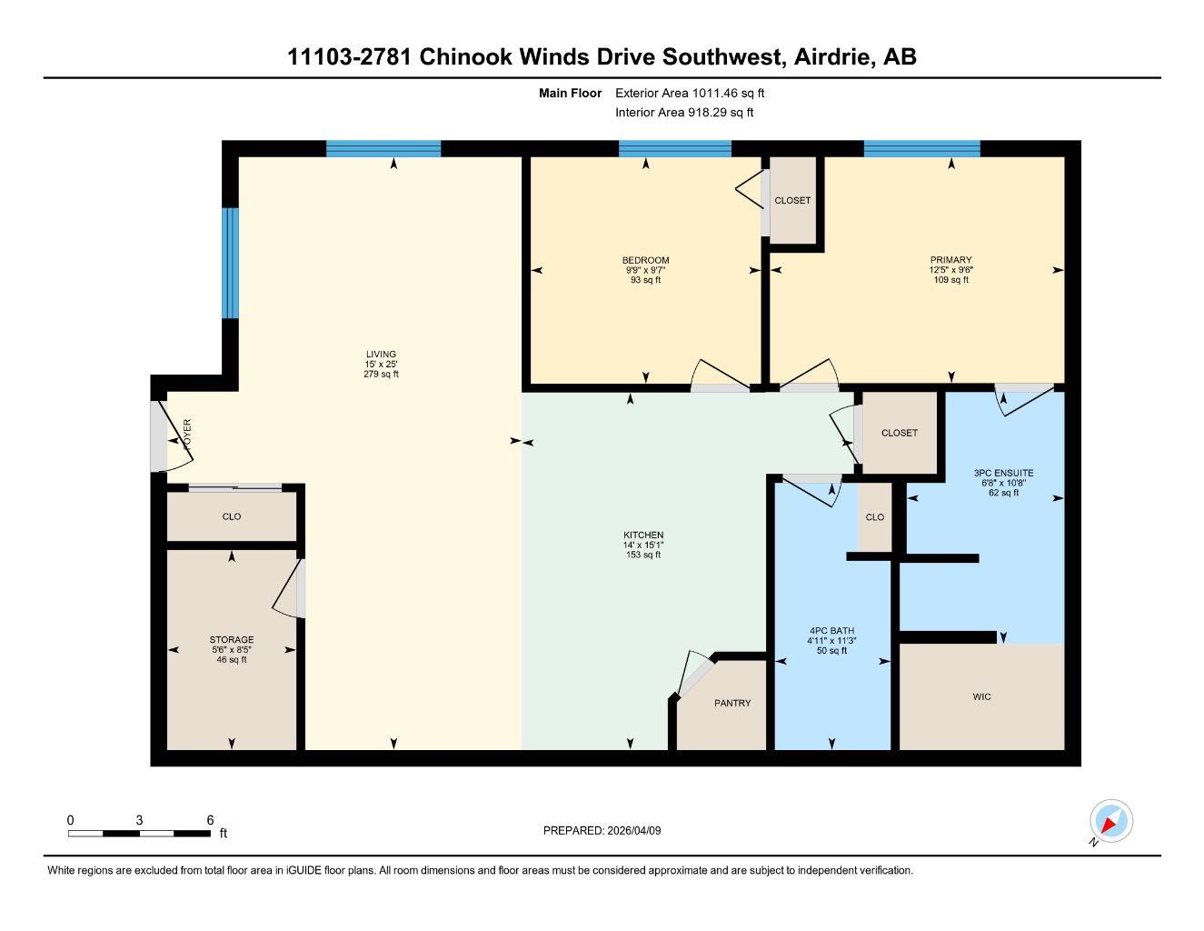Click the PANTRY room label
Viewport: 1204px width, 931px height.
731,703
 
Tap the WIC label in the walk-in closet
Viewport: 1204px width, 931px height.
981,696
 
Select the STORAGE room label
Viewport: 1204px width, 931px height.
232,640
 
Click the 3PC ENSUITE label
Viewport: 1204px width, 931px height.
1003,473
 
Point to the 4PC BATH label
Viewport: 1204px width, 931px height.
831,631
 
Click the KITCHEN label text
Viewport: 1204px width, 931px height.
642,536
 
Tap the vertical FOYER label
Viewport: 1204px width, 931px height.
188,435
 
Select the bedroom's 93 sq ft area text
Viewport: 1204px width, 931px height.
645,280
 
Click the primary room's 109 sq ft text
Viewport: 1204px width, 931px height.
950,280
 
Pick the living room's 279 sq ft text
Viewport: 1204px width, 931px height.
381,374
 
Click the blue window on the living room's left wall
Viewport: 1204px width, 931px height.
231,264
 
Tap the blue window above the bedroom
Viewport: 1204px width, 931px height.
674,149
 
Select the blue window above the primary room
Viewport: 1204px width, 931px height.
921,149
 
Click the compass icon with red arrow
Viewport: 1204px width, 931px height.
1110,822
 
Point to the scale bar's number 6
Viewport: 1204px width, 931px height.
210,820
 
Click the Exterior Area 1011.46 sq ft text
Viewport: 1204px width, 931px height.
690,93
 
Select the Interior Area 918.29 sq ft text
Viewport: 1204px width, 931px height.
684,113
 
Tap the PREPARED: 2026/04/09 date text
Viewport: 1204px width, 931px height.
602,830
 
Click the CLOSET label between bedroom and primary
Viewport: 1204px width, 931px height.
792,200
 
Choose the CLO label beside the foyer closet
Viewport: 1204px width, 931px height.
232,516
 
